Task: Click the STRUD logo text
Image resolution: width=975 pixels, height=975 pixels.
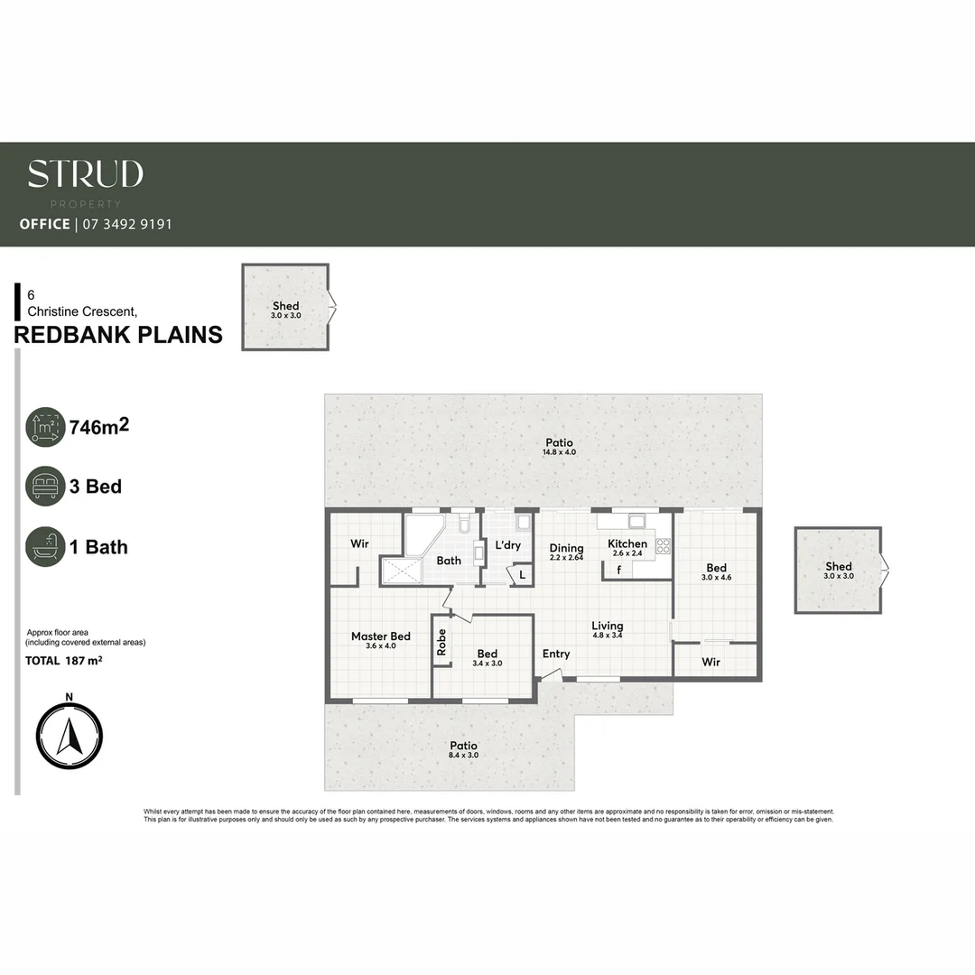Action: click(x=85, y=174)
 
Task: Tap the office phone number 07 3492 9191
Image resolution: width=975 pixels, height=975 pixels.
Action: click(x=127, y=224)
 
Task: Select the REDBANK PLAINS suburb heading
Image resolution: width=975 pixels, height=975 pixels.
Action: click(x=118, y=335)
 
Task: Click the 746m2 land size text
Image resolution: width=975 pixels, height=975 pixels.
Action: click(x=99, y=427)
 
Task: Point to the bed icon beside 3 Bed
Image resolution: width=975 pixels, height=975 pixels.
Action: click(x=45, y=487)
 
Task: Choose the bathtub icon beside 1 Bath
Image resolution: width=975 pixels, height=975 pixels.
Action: click(x=45, y=547)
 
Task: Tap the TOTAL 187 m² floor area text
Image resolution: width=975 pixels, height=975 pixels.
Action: click(x=63, y=661)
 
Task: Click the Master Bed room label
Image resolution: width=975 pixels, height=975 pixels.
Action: click(x=380, y=636)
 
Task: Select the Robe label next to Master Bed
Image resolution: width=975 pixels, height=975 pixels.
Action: click(x=441, y=641)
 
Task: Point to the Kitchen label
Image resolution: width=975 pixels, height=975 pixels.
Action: click(x=627, y=543)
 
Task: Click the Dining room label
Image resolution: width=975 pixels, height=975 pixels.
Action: click(x=567, y=548)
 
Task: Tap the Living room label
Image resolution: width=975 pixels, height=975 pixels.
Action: click(x=608, y=626)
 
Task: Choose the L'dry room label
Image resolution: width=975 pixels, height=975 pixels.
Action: click(x=508, y=545)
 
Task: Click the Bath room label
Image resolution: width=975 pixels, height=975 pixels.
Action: click(x=449, y=561)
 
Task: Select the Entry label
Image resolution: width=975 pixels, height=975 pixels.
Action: click(x=556, y=655)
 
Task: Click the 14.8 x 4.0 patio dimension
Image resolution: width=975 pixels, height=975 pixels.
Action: click(x=559, y=452)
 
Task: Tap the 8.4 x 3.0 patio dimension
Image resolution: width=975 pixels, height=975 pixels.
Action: click(x=464, y=755)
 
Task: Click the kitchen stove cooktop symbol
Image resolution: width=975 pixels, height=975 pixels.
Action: click(x=664, y=545)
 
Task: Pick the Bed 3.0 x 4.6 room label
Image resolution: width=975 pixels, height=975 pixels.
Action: click(x=717, y=569)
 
